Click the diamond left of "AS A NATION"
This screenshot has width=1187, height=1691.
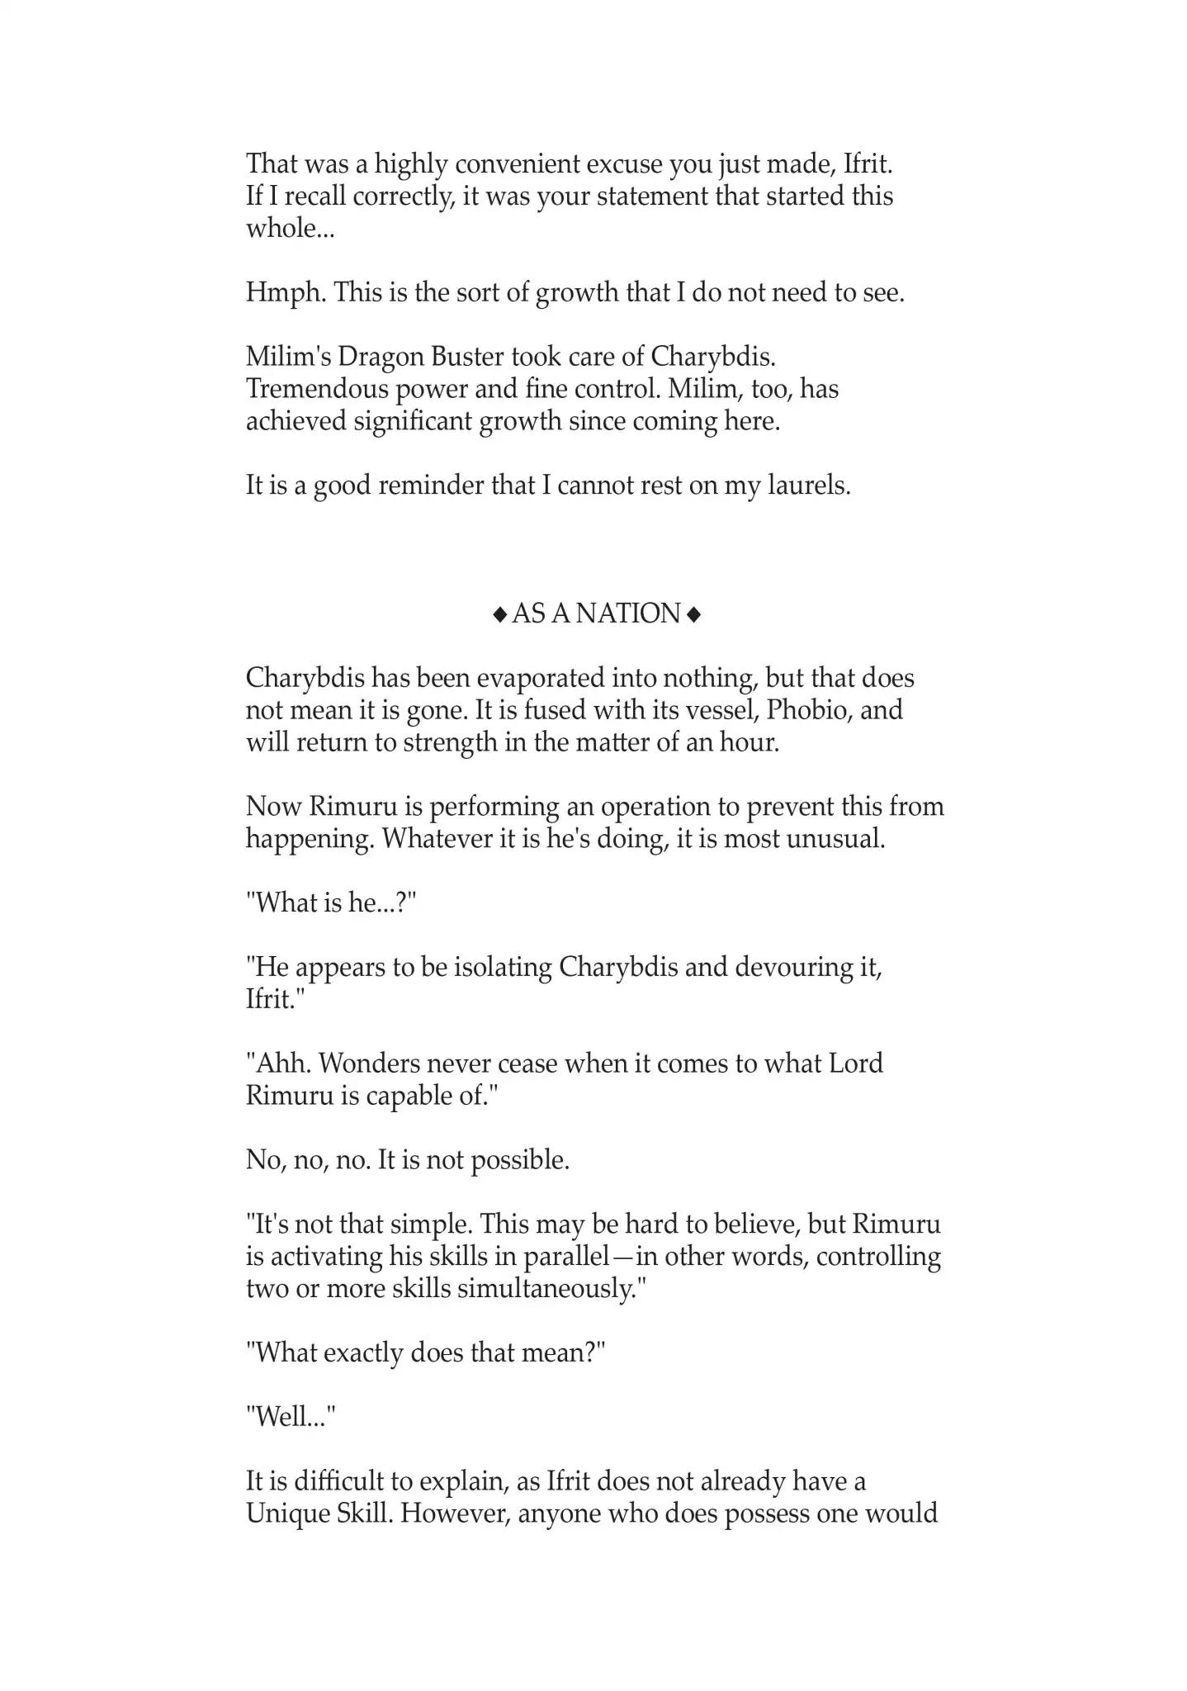click(499, 614)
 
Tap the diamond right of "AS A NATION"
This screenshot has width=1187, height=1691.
click(693, 614)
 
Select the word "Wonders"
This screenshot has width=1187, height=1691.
click(367, 1063)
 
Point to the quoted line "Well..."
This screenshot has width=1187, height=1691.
click(291, 1418)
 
